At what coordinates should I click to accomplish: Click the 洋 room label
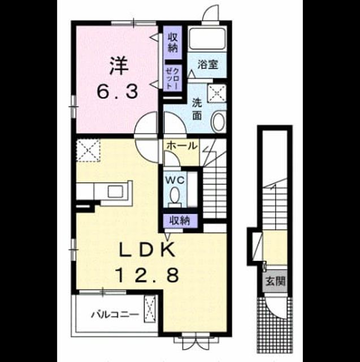pyautogui.click(x=119, y=66)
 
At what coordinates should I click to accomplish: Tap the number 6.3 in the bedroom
pyautogui.click(x=118, y=92)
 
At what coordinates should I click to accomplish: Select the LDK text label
pyautogui.click(x=147, y=249)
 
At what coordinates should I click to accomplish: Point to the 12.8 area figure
pyautogui.click(x=148, y=275)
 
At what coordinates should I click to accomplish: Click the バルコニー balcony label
pyautogui.click(x=115, y=314)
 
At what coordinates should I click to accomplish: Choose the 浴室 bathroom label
pyautogui.click(x=207, y=64)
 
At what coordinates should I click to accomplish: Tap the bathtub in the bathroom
pyautogui.click(x=207, y=38)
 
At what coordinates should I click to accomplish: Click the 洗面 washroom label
pyautogui.click(x=197, y=109)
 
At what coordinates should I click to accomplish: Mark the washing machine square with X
pyautogui.click(x=217, y=93)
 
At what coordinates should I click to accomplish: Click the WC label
pyautogui.click(x=175, y=180)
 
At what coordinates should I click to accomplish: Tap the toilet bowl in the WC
pyautogui.click(x=175, y=196)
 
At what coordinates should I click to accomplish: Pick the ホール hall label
pyautogui.click(x=182, y=146)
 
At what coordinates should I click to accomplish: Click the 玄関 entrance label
pyautogui.click(x=275, y=281)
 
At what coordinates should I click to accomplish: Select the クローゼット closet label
pyautogui.click(x=172, y=79)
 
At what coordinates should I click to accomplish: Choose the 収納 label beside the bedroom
pyautogui.click(x=172, y=42)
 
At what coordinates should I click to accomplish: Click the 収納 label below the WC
pyautogui.click(x=180, y=221)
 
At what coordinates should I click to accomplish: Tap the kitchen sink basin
pyautogui.click(x=116, y=191)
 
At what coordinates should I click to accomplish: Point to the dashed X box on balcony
pyautogui.click(x=150, y=309)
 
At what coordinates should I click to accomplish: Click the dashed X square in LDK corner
pyautogui.click(x=89, y=150)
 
